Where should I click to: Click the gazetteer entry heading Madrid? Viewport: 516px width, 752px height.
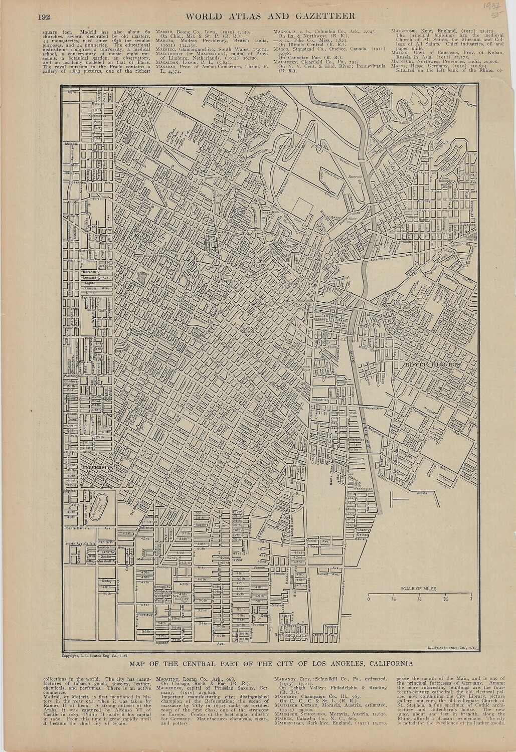(x=167, y=32)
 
